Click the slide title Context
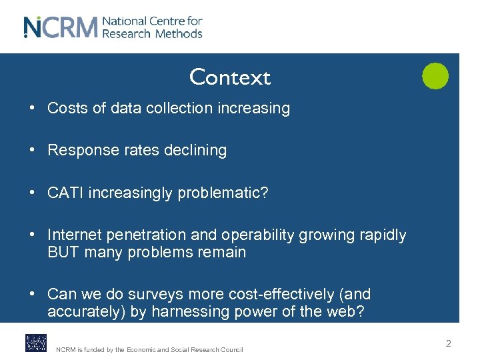point(230,77)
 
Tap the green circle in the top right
point(435,76)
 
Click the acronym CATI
point(65,193)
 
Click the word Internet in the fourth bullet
point(74,235)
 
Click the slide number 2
point(448,343)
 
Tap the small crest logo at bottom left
point(36,343)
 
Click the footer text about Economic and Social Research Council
point(149,349)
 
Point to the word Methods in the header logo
point(178,33)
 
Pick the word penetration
point(148,235)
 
